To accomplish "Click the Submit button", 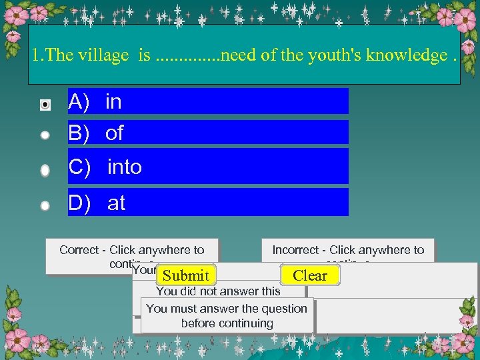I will [186, 275].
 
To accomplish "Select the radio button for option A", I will [45, 104].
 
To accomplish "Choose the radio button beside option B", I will [45, 135].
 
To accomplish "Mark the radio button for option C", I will [45, 170].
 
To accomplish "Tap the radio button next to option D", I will [45, 205].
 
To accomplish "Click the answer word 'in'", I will [113, 102].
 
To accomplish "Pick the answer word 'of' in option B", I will [114, 133].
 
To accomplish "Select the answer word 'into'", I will [125, 167].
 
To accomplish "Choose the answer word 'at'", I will [116, 203].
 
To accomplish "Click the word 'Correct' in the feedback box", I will [79, 250].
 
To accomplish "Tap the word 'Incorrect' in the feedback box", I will [295, 250].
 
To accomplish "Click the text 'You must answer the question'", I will [227, 309].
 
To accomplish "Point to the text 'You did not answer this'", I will [218, 291].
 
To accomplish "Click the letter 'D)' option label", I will [79, 203].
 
